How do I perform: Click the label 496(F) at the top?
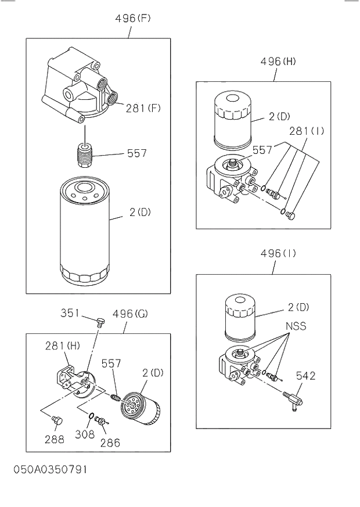coord(132,18)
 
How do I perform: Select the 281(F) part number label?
coord(143,107)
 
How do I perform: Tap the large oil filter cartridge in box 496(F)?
coord(85,232)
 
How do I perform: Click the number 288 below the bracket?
coord(55,440)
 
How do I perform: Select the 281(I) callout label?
coord(305,131)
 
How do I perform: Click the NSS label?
coord(296,326)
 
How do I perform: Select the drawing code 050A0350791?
coord(50,469)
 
